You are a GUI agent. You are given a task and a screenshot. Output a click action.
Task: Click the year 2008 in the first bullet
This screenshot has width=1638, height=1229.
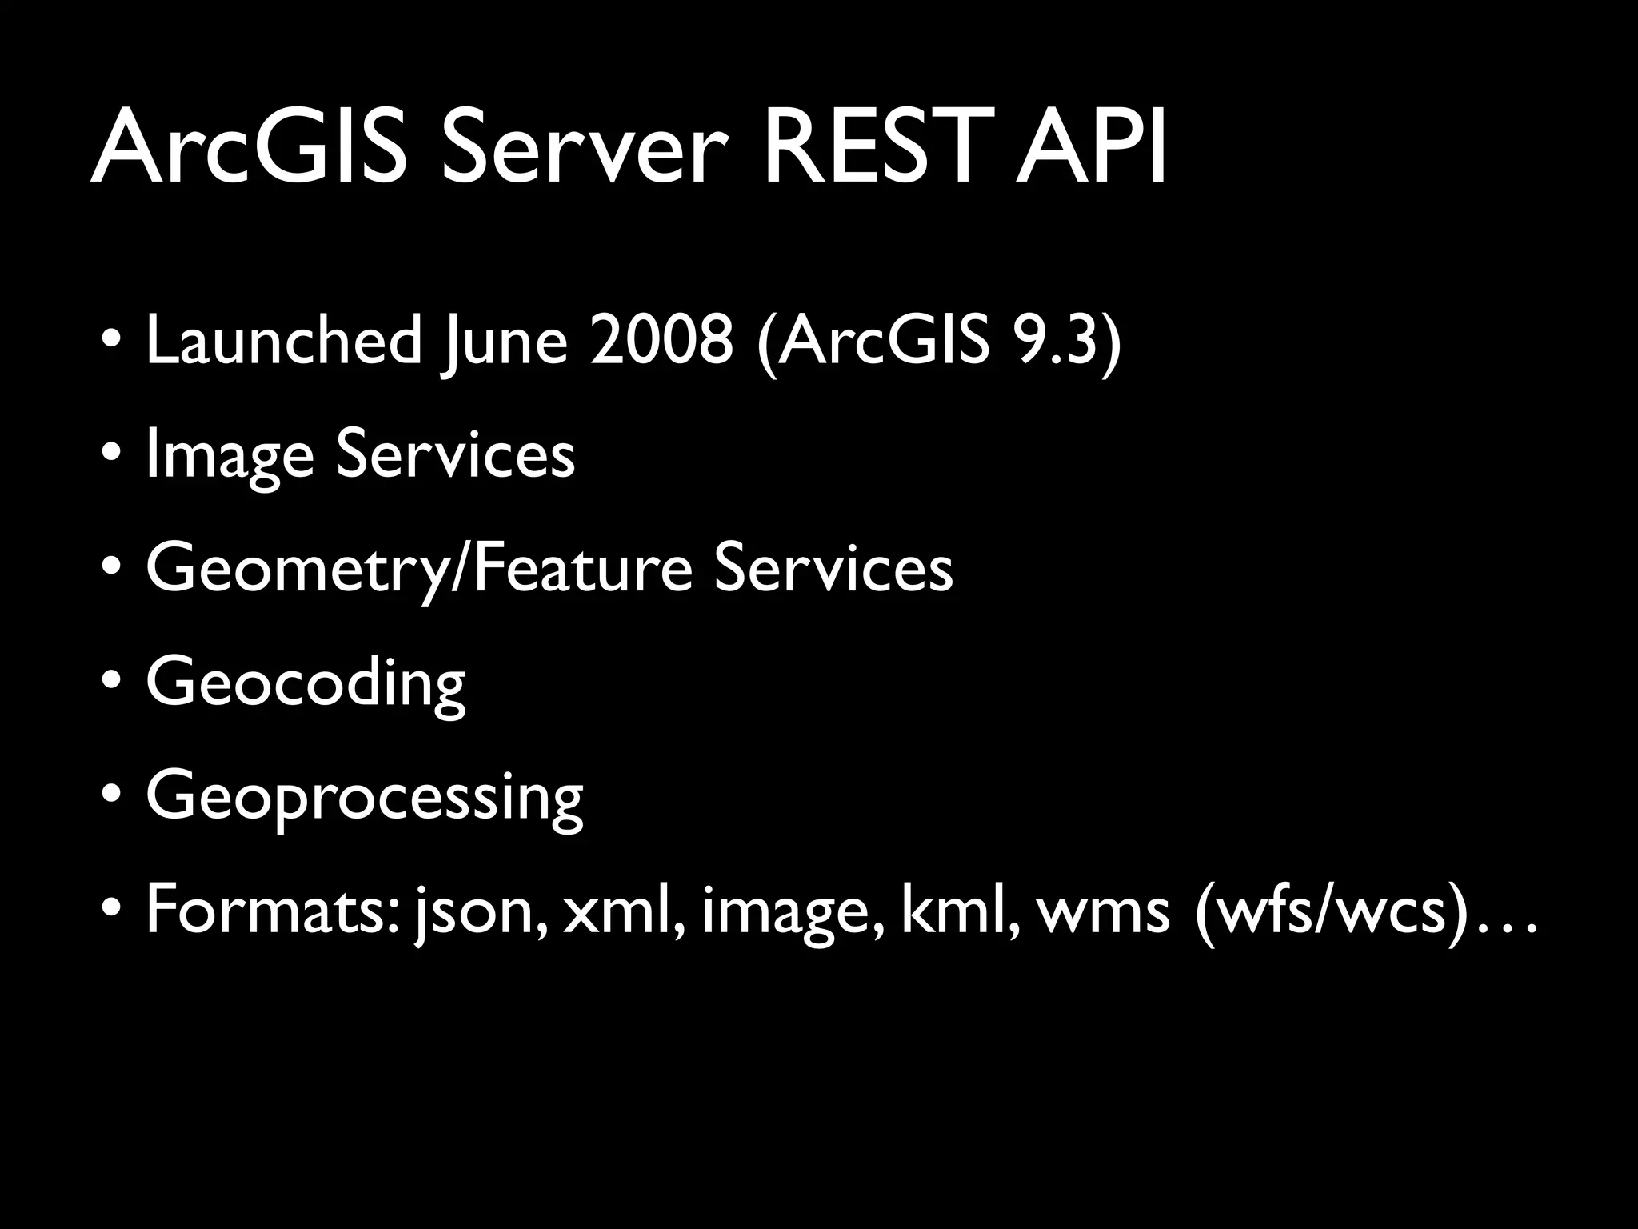661,340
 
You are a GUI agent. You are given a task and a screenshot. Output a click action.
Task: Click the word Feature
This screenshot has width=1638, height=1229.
582,568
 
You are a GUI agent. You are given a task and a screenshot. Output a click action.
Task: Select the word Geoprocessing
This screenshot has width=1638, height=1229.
365,798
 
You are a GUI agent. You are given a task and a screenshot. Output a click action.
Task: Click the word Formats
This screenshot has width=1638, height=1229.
272,911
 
